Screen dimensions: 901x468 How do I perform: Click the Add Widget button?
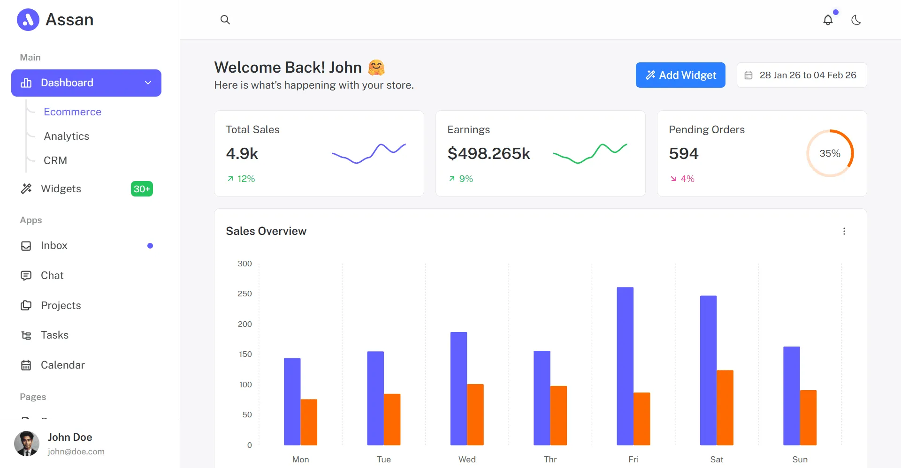click(x=680, y=75)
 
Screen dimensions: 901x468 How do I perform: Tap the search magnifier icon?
click(x=225, y=20)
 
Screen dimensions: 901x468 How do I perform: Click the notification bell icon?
click(x=828, y=20)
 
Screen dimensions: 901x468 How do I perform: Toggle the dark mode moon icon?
click(x=856, y=20)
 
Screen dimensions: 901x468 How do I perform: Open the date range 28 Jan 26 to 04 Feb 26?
click(x=802, y=75)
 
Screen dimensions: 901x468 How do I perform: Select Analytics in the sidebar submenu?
click(x=67, y=136)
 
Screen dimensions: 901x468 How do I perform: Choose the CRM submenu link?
click(x=55, y=160)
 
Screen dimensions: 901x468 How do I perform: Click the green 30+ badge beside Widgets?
click(x=142, y=189)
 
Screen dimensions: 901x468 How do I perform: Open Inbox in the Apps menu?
click(x=54, y=246)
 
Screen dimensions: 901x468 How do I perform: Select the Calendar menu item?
click(x=63, y=365)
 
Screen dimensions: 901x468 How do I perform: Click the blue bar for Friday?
click(x=625, y=366)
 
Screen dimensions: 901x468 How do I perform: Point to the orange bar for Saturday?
click(x=725, y=408)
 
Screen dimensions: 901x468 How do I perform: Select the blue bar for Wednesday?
click(x=458, y=389)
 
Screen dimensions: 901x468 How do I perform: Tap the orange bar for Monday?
click(x=309, y=422)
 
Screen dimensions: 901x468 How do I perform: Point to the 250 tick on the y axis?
click(x=244, y=294)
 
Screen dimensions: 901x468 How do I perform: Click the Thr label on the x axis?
click(x=550, y=460)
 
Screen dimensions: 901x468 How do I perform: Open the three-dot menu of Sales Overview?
click(x=844, y=231)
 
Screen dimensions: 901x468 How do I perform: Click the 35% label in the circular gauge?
click(x=830, y=153)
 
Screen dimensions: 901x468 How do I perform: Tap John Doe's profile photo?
click(x=27, y=444)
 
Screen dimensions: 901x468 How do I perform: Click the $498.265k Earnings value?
click(x=489, y=153)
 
